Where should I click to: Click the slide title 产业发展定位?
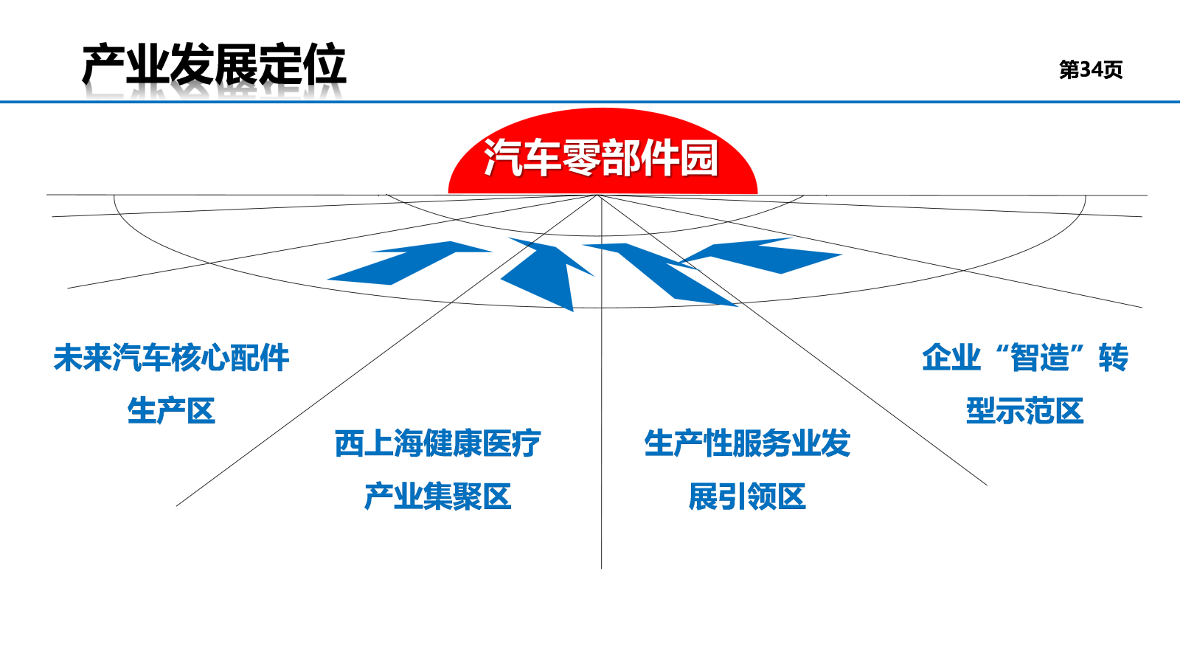tap(214, 66)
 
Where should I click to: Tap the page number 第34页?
tap(1091, 69)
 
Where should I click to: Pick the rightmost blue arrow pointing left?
tap(761, 255)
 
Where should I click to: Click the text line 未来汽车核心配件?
tap(171, 358)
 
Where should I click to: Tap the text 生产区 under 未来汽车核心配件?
tap(171, 410)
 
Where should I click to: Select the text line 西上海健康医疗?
tap(438, 443)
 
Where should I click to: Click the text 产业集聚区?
tap(438, 497)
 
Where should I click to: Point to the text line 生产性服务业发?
tap(747, 443)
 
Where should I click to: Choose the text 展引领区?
tap(747, 497)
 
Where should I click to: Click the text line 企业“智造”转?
tap(1024, 358)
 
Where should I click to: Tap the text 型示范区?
tap(1024, 410)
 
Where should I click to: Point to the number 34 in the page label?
tap(1091, 69)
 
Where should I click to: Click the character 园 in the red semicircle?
tap(699, 158)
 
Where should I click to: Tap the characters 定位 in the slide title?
tap(302, 66)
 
